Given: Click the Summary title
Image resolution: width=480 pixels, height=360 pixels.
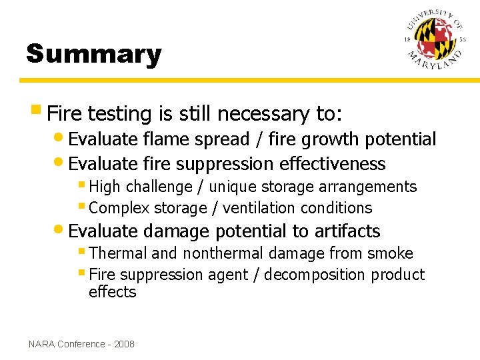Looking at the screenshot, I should point(93,54).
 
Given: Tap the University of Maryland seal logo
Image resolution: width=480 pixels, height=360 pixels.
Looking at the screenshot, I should point(434,41).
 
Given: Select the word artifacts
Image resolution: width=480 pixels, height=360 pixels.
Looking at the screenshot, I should point(347,231).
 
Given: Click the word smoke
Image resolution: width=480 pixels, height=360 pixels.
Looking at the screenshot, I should point(392,254).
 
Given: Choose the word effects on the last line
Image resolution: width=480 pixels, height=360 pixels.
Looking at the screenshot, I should point(112,292).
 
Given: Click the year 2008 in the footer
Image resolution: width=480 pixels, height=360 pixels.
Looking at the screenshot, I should point(124,344).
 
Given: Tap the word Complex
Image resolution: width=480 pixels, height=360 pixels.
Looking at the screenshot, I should point(115,208).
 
